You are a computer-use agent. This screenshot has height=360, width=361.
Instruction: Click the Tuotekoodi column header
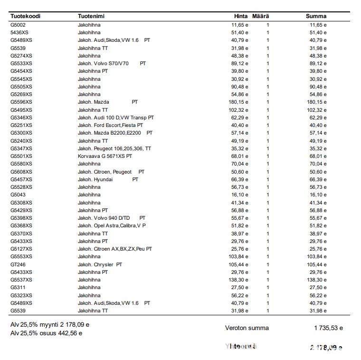coord(25,16)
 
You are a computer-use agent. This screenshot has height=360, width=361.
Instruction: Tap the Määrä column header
coord(261,16)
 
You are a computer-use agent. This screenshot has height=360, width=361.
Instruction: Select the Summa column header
coord(316,16)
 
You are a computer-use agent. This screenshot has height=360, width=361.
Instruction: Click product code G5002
coord(18,25)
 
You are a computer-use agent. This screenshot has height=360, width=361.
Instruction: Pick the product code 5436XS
coord(19,32)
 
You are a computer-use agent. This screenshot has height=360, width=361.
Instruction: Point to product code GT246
coord(18,264)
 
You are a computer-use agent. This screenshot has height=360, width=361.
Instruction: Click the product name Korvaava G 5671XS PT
coord(105,156)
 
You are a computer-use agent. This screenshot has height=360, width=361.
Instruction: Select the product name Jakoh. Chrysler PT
coord(100,264)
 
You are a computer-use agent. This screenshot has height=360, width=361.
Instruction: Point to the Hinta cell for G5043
coord(240,195)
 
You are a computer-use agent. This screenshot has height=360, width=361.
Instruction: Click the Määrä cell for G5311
coord(268,288)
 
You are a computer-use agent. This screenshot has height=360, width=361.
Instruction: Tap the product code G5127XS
coord(21,249)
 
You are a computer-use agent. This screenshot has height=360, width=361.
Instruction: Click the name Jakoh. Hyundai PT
coord(108,179)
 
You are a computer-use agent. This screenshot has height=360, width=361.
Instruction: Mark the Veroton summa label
coord(247,328)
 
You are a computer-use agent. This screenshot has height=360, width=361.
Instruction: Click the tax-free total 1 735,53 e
coord(328,328)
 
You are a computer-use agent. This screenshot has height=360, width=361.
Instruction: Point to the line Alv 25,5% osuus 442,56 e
coord(46,333)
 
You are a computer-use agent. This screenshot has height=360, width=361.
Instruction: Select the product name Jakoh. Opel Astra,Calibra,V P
coord(112,225)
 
